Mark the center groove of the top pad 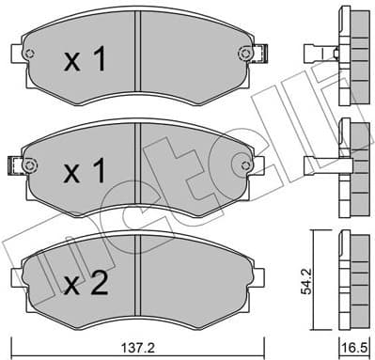tap(139, 56)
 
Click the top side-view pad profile tap(353, 56)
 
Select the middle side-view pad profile tap(353, 167)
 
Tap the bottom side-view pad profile tap(353, 277)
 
